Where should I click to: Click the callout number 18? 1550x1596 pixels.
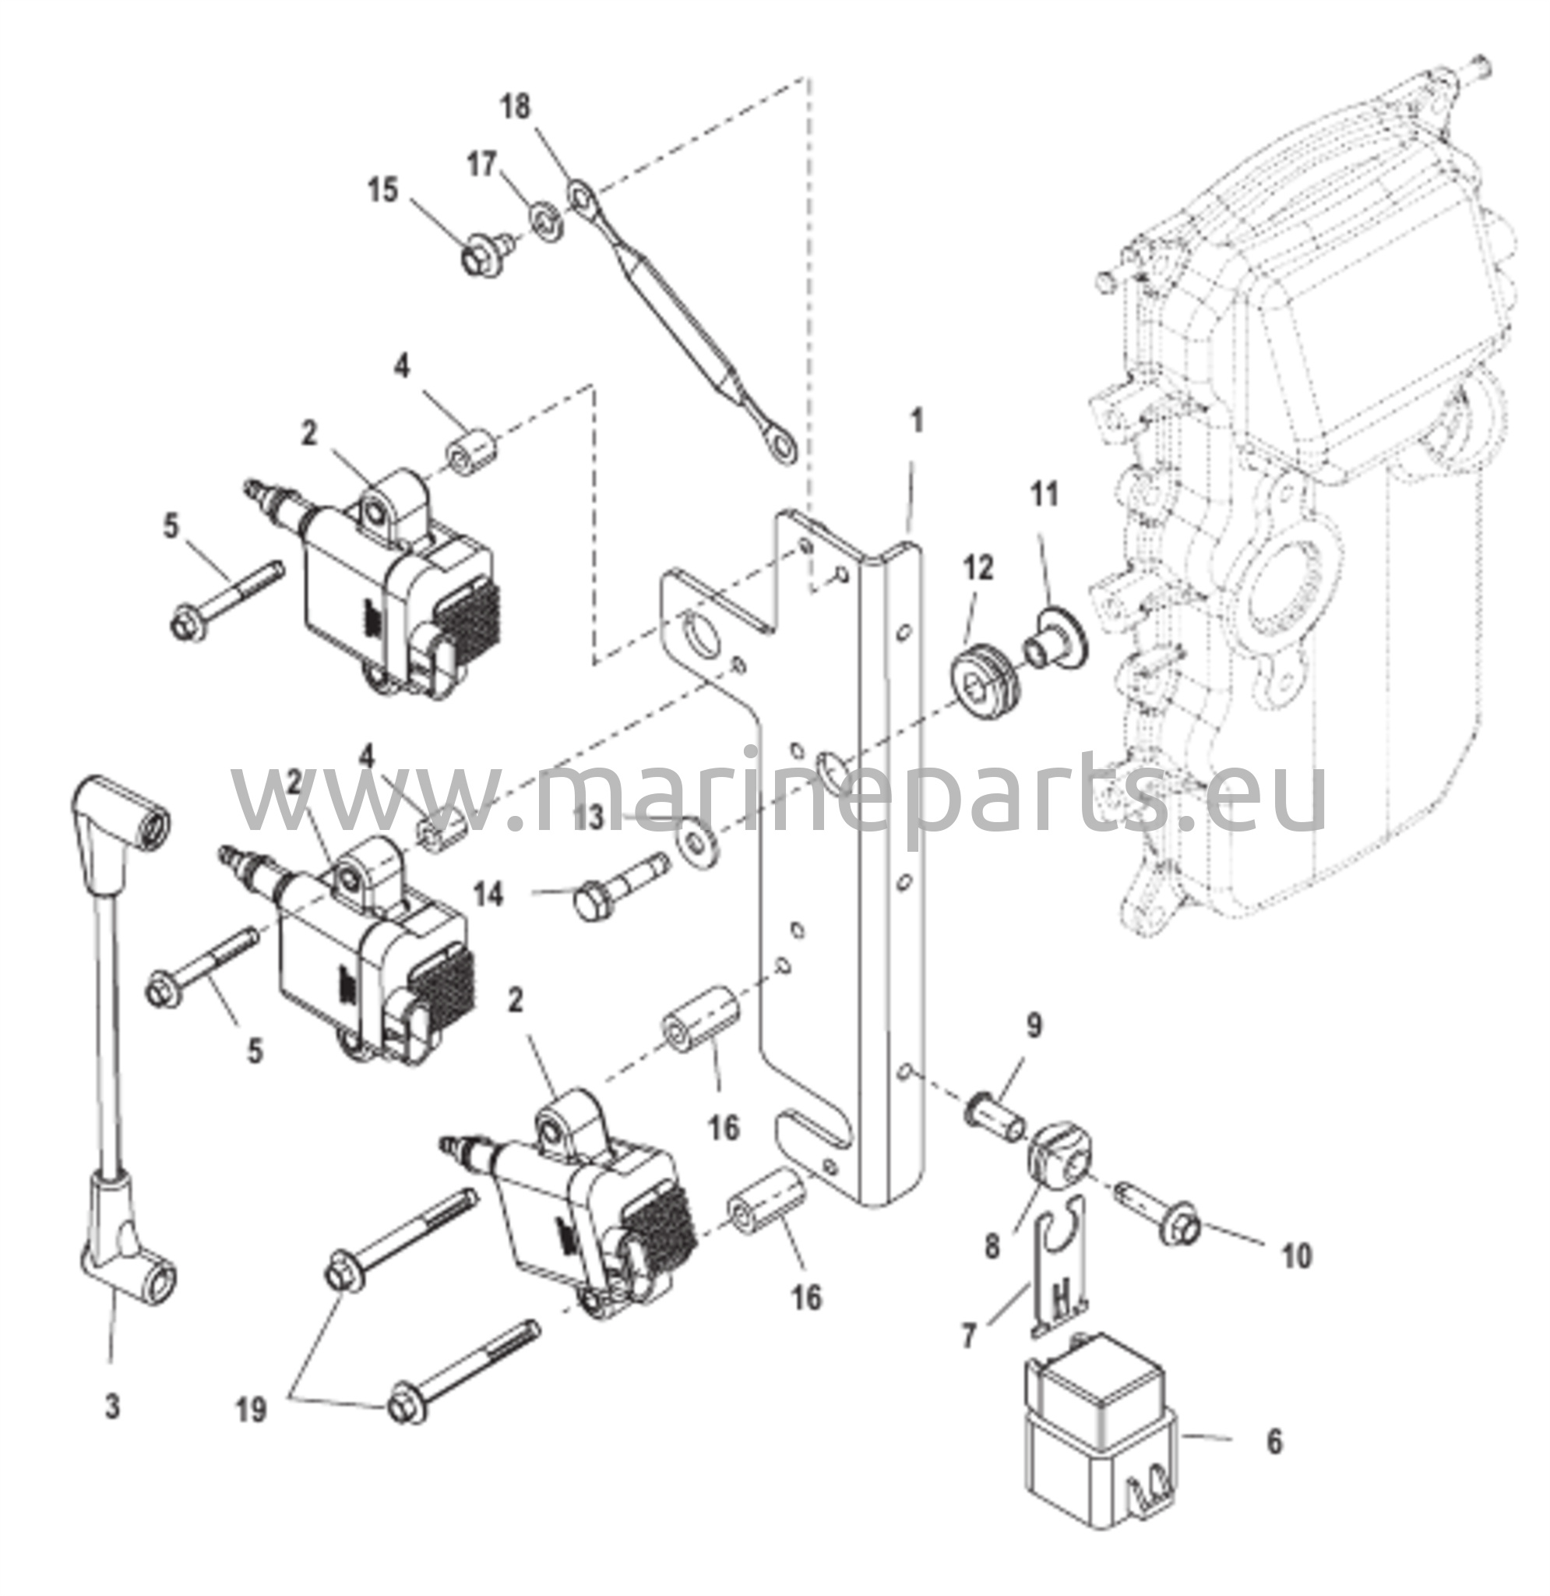516,107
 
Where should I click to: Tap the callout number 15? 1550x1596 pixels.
382,191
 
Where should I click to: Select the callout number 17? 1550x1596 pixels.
482,164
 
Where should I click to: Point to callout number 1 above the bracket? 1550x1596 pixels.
918,422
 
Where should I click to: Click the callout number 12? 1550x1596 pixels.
979,568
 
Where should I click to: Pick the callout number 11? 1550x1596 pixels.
1045,494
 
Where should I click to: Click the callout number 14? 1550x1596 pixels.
489,895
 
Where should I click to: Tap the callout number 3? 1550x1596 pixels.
112,1407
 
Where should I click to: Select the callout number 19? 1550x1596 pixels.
252,1410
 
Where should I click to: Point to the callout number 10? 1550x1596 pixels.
1298,1255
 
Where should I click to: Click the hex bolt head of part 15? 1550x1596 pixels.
475,259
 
